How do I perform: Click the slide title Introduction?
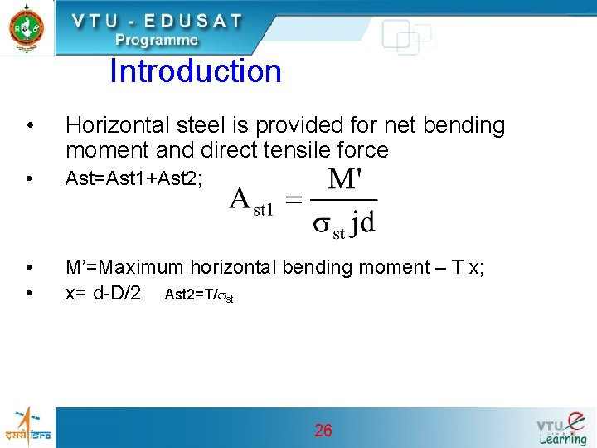coord(196,71)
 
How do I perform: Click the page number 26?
coord(323,430)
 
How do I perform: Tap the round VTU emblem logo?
coord(27,27)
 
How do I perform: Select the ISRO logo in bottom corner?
coord(27,426)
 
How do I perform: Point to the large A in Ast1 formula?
coord(240,199)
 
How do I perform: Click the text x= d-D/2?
coord(103,293)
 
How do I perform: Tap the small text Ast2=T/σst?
coord(199,295)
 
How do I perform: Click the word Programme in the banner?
coord(157,40)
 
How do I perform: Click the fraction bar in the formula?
coord(343,199)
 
